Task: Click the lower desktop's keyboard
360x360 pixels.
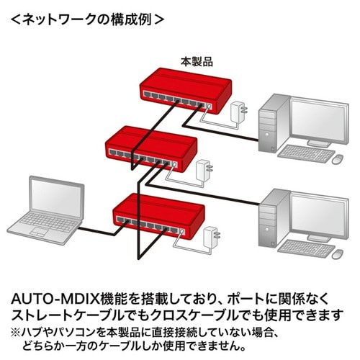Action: (x=305, y=247)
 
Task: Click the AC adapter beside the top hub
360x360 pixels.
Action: (x=237, y=112)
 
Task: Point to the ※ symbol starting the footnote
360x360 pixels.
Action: (x=17, y=332)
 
